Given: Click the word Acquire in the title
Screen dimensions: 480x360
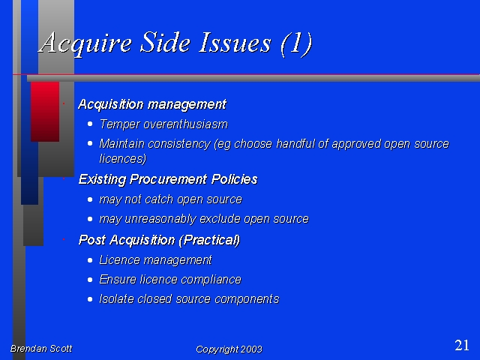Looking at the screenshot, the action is click(x=85, y=43).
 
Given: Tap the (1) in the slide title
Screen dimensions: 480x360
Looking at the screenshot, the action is click(x=296, y=43).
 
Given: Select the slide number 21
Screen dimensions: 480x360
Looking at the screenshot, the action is click(x=462, y=345).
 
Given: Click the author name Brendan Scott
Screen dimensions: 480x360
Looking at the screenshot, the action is click(x=41, y=349).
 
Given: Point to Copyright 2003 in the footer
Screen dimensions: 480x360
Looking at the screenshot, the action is click(x=229, y=349).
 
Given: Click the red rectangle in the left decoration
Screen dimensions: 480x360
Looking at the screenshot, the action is click(x=45, y=112).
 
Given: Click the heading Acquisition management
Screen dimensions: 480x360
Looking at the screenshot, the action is click(x=152, y=105).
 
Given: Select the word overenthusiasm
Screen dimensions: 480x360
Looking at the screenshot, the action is click(x=185, y=124).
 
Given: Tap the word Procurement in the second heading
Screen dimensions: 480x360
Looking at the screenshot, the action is click(x=168, y=179).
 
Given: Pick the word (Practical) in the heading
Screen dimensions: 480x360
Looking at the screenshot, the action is click(x=209, y=240).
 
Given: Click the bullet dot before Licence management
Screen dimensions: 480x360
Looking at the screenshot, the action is click(x=90, y=260).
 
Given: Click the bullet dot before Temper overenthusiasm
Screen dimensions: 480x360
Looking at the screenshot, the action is click(x=90, y=124).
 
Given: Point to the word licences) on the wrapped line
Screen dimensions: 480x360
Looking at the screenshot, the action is click(x=123, y=158).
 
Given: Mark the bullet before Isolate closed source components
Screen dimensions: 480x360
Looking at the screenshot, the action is click(x=90, y=299).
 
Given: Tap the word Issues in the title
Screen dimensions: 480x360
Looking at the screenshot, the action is click(x=235, y=43).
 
